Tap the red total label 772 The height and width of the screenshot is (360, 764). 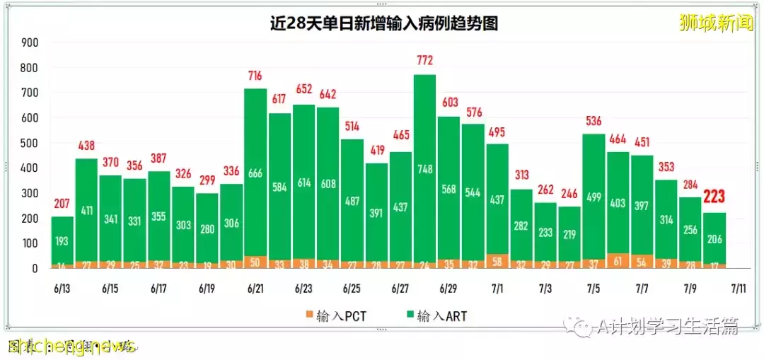[424, 61]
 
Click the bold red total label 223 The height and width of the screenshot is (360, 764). [714, 197]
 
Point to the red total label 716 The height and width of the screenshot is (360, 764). [255, 75]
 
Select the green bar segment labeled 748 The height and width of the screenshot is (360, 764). [424, 168]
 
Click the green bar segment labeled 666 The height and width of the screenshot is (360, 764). [255, 174]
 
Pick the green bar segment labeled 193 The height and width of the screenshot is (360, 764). [62, 241]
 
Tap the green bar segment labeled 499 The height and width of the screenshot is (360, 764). [594, 197]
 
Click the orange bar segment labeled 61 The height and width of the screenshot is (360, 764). [618, 261]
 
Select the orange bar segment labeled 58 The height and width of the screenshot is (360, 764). [497, 261]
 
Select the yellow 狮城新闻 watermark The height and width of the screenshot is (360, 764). [716, 23]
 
